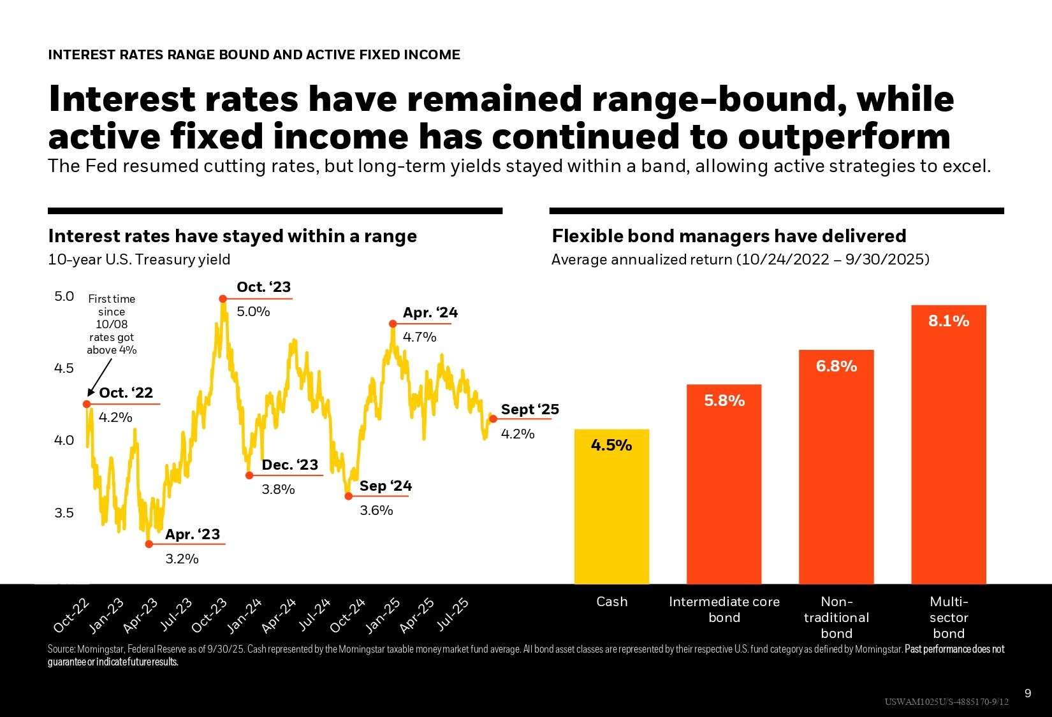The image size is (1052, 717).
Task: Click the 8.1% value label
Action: click(948, 321)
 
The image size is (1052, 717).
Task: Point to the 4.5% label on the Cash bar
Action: click(611, 445)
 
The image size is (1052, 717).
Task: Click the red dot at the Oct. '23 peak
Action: click(223, 299)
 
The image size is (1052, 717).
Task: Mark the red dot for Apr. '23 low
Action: click(149, 544)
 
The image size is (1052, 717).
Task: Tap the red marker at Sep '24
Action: click(348, 496)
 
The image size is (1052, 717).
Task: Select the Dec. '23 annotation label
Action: click(289, 465)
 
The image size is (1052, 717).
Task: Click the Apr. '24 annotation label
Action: click(430, 313)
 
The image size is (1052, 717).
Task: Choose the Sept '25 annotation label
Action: click(530, 410)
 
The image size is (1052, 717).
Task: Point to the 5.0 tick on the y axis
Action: click(64, 296)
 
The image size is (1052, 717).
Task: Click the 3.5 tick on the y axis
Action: click(64, 513)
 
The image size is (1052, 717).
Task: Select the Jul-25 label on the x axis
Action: click(452, 614)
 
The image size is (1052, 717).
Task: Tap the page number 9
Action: click(1027, 693)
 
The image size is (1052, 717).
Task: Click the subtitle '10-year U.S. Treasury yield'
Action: click(139, 260)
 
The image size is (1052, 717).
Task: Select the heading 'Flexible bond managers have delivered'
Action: click(729, 236)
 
